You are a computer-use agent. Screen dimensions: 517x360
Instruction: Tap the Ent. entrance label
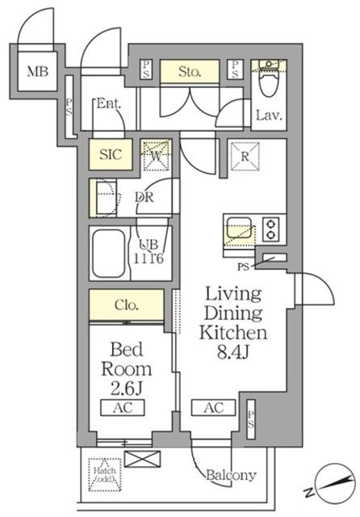pyautogui.click(x=108, y=103)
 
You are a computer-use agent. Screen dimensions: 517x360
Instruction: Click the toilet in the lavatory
pyautogui.click(x=267, y=81)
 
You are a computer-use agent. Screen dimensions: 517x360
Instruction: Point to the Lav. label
pyautogui.click(x=269, y=116)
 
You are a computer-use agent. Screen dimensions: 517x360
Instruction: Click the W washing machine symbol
pyautogui.click(x=156, y=155)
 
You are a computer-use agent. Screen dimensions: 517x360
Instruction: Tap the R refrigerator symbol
pyautogui.click(x=242, y=157)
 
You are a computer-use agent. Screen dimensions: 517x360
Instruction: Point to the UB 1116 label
pyautogui.click(x=150, y=252)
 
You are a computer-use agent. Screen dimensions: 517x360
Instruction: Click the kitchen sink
pyautogui.click(x=238, y=230)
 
